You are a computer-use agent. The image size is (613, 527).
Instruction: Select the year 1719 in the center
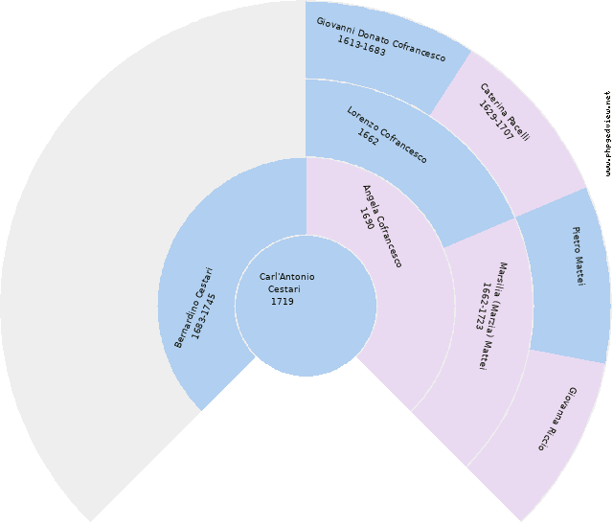click(x=283, y=302)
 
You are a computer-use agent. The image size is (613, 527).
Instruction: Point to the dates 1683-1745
click(x=204, y=317)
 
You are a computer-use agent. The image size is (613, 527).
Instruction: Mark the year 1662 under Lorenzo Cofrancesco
click(x=368, y=136)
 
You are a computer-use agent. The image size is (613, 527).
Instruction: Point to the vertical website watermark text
click(x=607, y=134)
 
